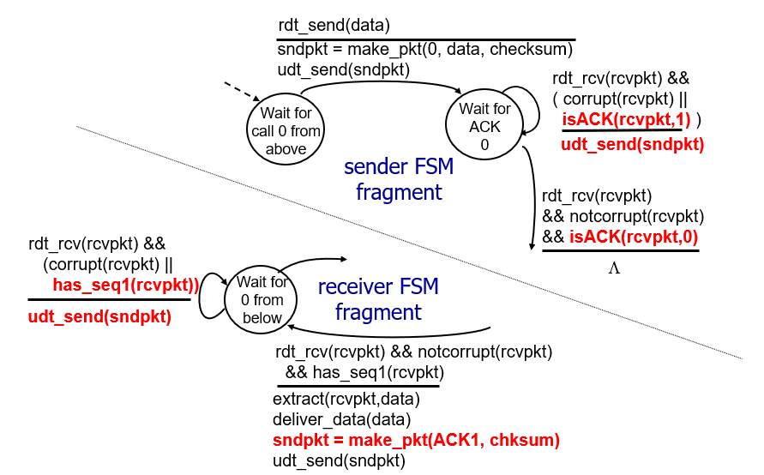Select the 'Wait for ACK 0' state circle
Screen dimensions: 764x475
pos(484,123)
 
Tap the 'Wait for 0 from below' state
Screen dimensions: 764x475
pos(261,299)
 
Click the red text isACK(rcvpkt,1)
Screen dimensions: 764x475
pos(626,119)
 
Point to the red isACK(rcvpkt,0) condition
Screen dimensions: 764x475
pos(634,237)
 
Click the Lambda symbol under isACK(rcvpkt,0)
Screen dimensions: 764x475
pos(614,268)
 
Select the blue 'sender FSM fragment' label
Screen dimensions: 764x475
pos(399,179)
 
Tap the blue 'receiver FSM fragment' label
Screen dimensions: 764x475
pos(378,299)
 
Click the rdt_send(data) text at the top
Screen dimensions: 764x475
pos(334,26)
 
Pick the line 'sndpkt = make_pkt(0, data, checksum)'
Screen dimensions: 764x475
pos(425,49)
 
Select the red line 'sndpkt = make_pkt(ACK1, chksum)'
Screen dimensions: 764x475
pos(416,440)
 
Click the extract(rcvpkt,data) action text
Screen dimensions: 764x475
pos(346,399)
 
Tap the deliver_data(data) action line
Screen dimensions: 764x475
pos(341,419)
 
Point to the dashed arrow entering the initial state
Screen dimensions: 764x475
pos(242,92)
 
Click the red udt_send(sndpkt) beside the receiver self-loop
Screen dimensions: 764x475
pos(99,316)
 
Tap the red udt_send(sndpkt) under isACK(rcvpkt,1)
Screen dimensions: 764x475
pos(633,144)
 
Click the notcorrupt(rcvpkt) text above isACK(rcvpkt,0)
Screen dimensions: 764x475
pos(637,216)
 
